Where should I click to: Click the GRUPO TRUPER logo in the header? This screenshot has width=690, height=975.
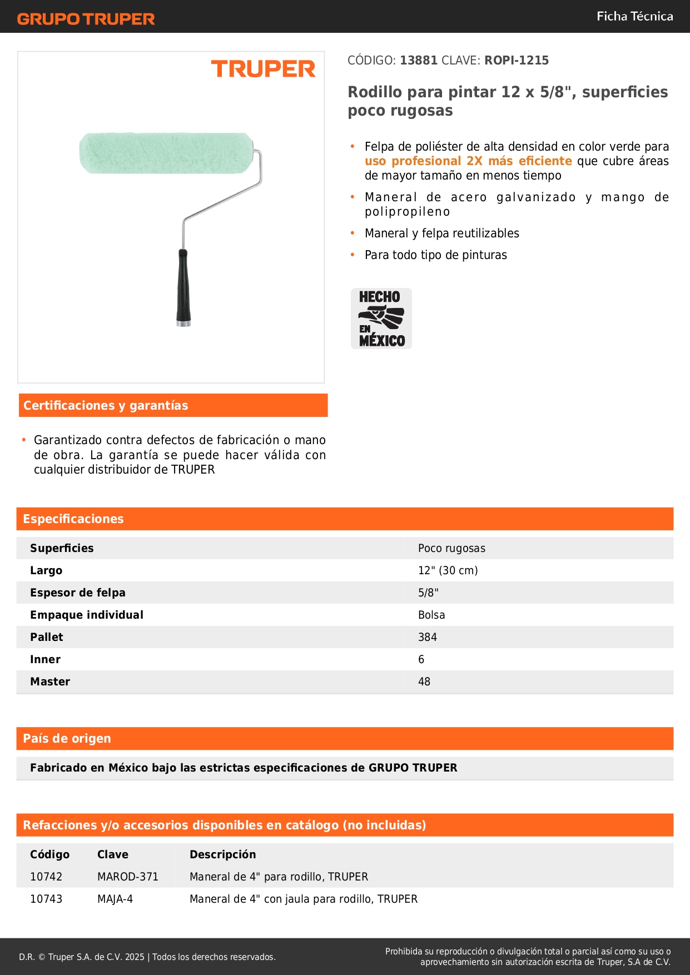pos(86,19)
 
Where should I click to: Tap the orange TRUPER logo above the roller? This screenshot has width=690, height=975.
pos(263,69)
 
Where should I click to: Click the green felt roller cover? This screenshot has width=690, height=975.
pos(166,152)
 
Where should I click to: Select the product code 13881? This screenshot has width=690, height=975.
pos(419,61)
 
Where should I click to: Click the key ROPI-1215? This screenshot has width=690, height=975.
pos(516,61)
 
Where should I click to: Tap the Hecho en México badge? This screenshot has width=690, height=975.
pos(381,319)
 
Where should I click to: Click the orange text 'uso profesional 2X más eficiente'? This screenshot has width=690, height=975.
pos(468,161)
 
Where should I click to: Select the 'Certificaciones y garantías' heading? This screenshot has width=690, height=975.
pos(106,406)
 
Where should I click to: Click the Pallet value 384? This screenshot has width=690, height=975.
pos(428,637)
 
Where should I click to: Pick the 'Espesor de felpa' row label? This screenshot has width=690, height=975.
pos(78,593)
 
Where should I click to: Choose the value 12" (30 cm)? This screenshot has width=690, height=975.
pos(448,570)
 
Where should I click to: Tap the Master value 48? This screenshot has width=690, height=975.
pos(424,681)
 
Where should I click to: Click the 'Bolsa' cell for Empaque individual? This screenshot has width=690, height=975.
pos(431,615)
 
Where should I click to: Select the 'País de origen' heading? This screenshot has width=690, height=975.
pos(67,739)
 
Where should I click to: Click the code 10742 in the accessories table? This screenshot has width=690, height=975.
pos(46,877)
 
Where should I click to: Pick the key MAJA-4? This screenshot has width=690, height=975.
pos(115,899)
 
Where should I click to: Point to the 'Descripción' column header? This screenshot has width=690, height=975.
pos(222,854)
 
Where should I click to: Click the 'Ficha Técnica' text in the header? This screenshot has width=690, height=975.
pos(634,17)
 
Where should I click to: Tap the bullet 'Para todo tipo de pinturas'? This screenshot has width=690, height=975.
pos(435,255)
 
